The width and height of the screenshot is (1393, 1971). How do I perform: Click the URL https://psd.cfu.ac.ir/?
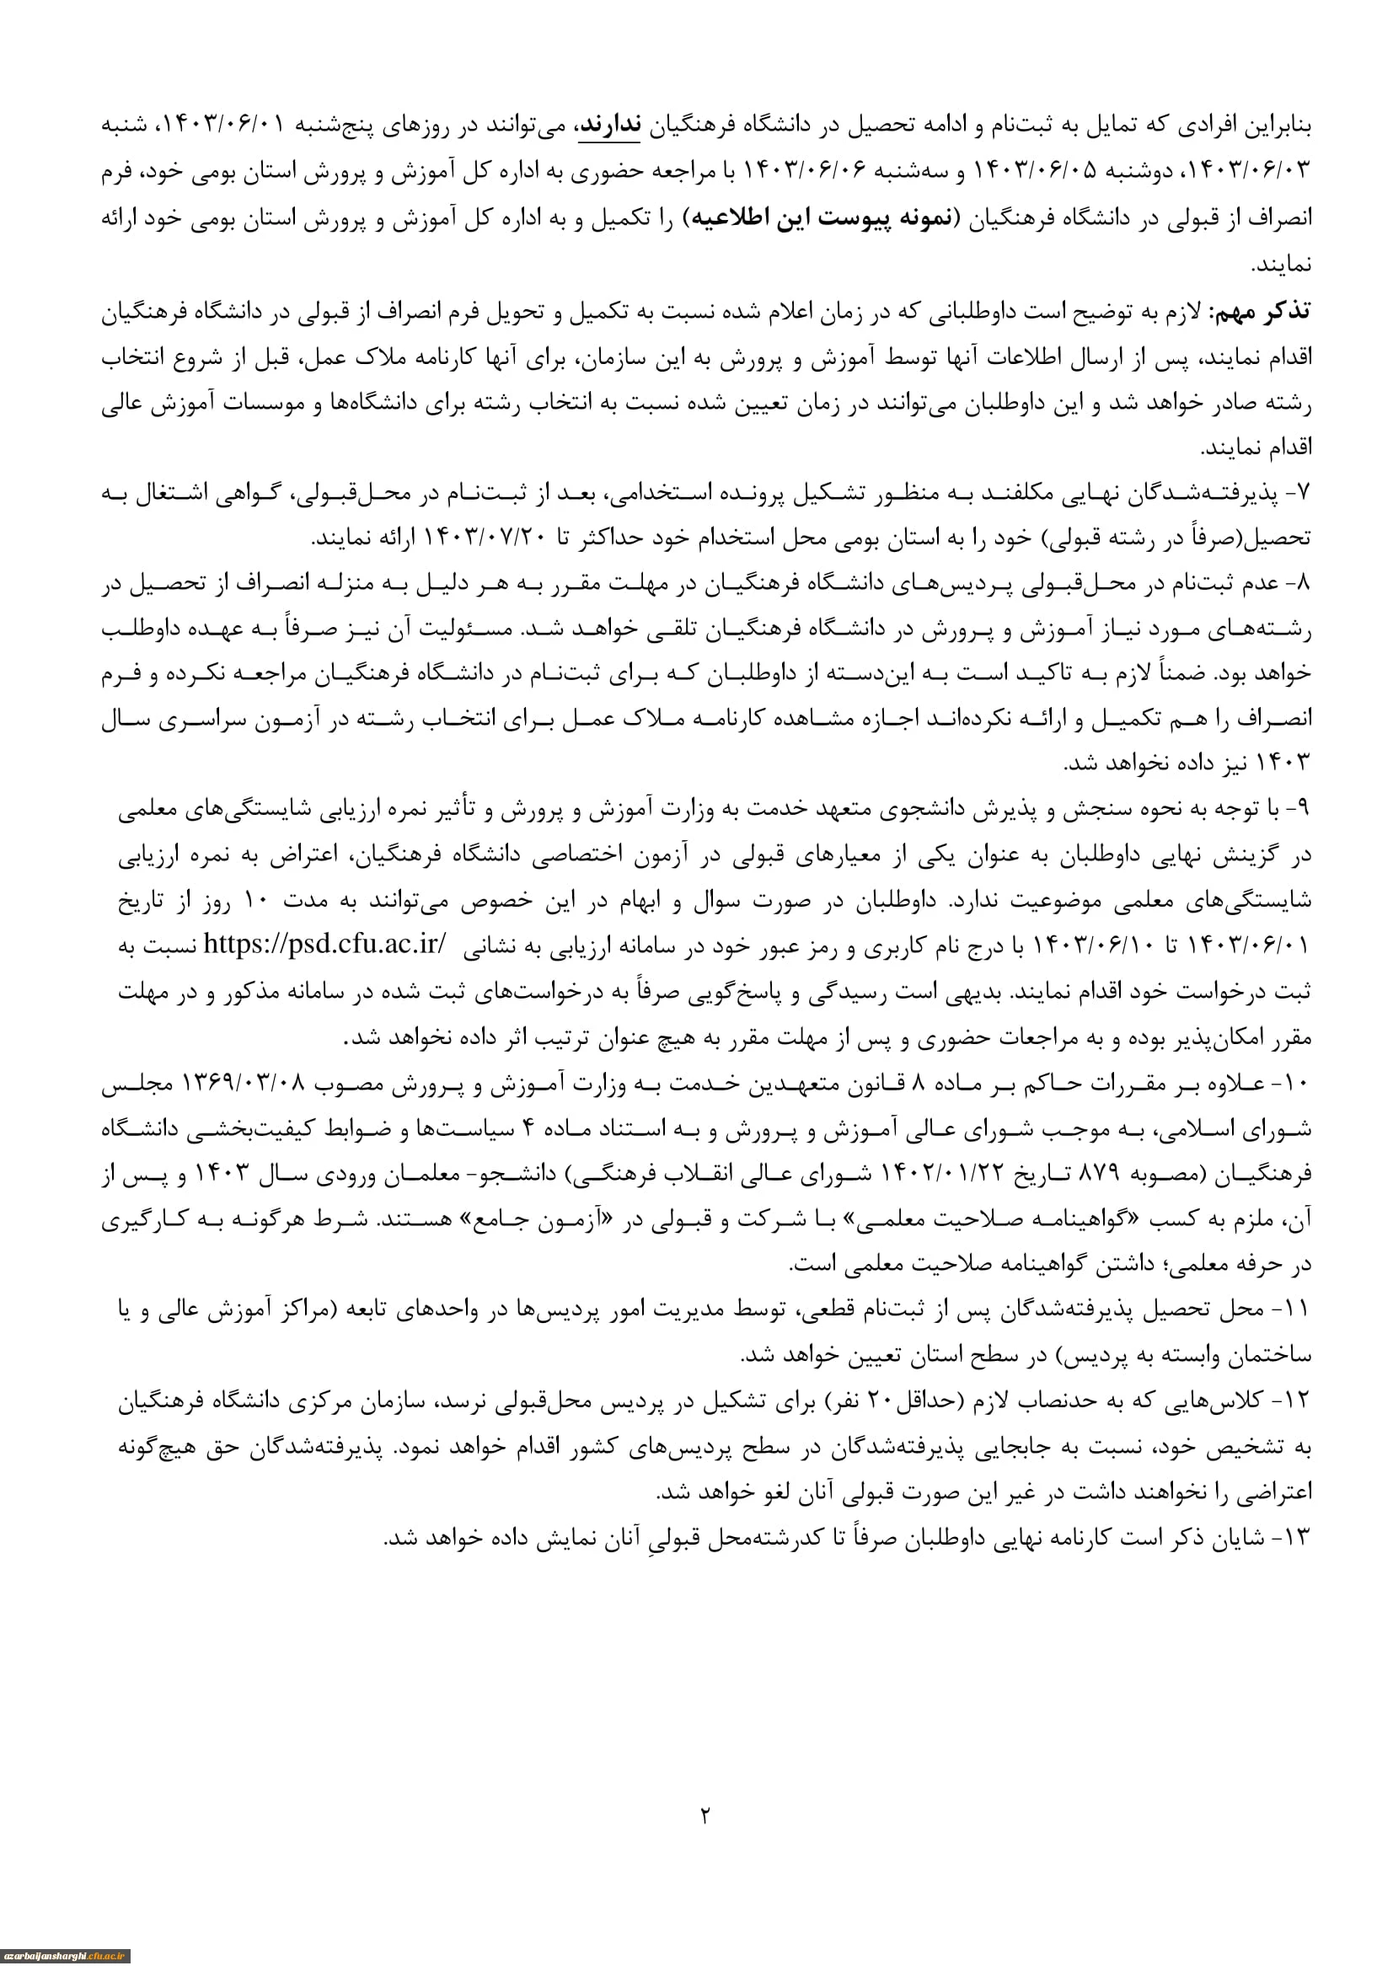tap(324, 945)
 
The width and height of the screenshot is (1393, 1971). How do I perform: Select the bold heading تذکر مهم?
tap(1260, 313)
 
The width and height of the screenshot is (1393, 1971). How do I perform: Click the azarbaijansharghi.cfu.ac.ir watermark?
tap(65, 1957)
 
